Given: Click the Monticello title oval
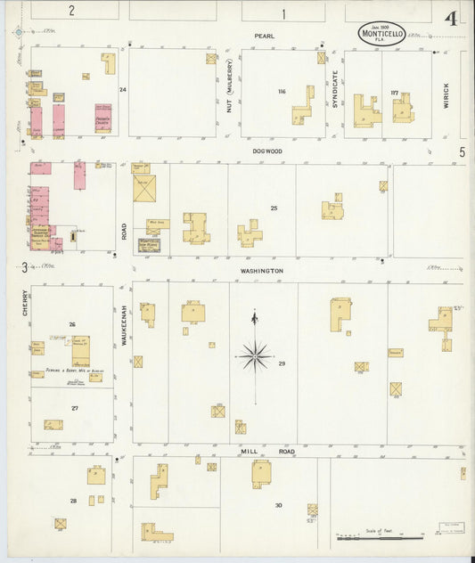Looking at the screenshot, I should [381, 34].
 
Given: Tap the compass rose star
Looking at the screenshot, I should [255, 355].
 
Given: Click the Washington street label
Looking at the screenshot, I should [261, 270].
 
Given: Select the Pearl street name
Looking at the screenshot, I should [264, 36].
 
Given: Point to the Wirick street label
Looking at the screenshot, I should [446, 96].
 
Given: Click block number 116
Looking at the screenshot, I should [282, 92].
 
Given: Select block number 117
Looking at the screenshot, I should [394, 92].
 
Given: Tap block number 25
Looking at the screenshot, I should [274, 208].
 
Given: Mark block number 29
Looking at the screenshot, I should [282, 363].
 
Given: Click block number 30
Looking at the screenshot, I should [278, 505].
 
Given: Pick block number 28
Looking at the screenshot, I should [73, 501].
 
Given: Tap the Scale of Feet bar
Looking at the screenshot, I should [379, 538].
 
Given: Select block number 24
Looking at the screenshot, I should [123, 89].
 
